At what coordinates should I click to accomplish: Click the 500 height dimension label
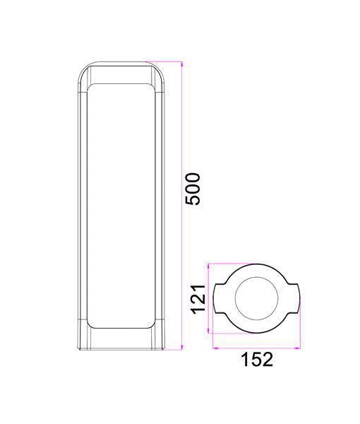pos(193,189)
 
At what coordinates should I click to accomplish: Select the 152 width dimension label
pos(256,359)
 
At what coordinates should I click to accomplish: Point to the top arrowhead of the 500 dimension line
pos(181,64)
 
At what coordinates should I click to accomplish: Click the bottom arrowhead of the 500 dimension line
pos(181,348)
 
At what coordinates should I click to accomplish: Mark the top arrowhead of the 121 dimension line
pos(208,266)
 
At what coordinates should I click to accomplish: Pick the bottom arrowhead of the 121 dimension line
pos(208,331)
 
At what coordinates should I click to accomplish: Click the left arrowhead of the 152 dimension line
pos(215,348)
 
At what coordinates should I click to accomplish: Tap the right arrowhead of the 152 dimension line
pos(298,348)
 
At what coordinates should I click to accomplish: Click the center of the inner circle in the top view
pos(256,298)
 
